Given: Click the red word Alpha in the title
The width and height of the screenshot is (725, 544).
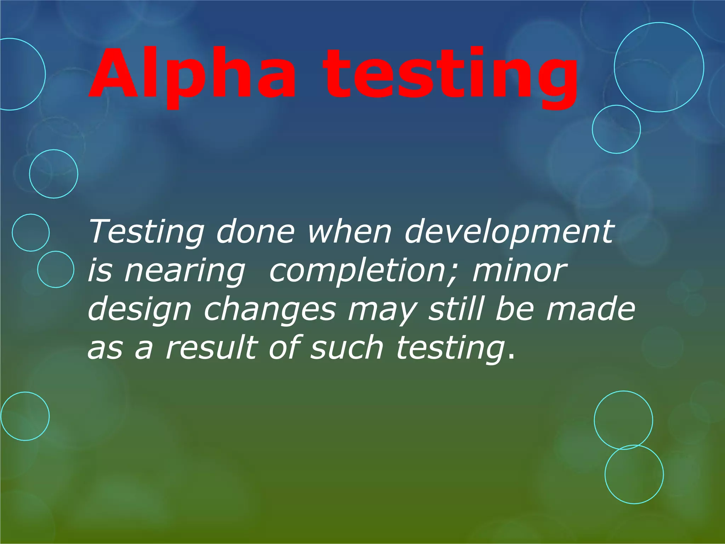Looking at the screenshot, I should [192, 74].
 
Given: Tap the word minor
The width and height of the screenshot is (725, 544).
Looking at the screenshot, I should [519, 271].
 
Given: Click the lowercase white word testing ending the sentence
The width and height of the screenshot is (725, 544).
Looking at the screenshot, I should [450, 349].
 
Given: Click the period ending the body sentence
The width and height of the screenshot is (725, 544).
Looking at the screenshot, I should [510, 356].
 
